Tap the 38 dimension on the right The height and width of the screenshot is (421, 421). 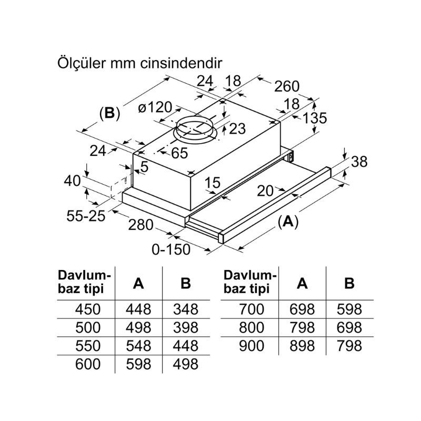pyautogui.click(x=359, y=162)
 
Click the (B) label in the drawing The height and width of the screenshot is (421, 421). pyautogui.click(x=109, y=113)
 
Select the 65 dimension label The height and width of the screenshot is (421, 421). pyautogui.click(x=179, y=153)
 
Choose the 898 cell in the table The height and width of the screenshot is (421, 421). pyautogui.click(x=302, y=345)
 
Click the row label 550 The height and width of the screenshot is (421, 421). pyautogui.click(x=88, y=345)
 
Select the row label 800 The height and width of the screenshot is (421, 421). pyautogui.click(x=252, y=327)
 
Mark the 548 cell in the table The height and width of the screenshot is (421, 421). pyautogui.click(x=138, y=345)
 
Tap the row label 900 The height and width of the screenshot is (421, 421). pyautogui.click(x=252, y=345)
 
